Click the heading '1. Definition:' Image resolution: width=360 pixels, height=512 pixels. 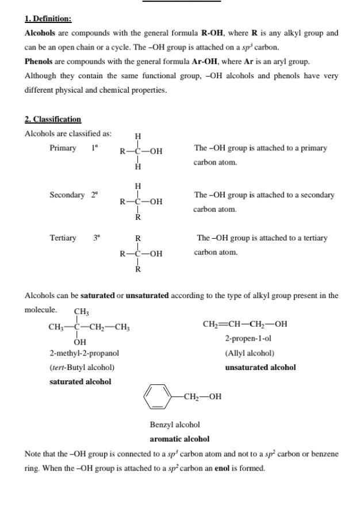[48, 19]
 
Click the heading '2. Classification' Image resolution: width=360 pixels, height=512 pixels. [53, 119]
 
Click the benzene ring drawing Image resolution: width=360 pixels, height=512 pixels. [158, 396]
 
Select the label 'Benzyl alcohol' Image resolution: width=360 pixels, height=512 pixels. [175, 425]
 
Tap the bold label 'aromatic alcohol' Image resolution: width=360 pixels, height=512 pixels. [179, 439]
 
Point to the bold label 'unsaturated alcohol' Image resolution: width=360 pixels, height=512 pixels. [261, 367]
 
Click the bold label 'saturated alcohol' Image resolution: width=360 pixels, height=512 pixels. [81, 381]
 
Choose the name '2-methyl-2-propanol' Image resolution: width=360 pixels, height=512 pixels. [85, 353]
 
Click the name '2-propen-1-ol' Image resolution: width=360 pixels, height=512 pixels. [248, 338]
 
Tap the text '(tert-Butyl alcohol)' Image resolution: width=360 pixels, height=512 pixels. [82, 367]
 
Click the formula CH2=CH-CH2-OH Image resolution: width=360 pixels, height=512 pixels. [245, 324]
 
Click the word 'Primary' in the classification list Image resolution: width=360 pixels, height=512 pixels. [63, 148]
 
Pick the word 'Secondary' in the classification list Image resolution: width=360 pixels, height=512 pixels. [67, 195]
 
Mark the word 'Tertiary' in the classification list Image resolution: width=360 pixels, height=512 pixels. [63, 238]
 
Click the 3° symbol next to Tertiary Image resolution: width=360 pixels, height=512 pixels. [97, 238]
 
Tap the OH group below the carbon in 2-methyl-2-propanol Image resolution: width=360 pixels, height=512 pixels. [80, 342]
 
